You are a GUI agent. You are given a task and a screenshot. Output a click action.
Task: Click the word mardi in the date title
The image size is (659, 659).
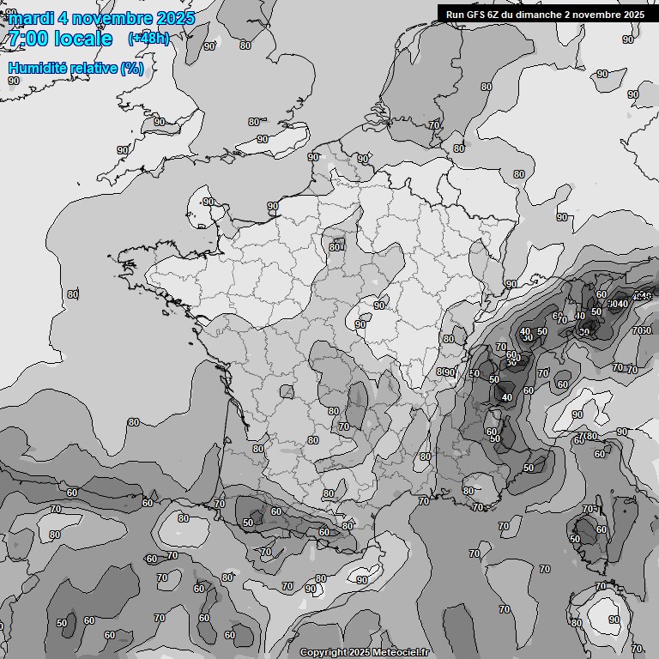pyautogui.click(x=31, y=18)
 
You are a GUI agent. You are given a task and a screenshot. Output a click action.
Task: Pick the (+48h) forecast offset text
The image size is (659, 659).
pyautogui.click(x=148, y=39)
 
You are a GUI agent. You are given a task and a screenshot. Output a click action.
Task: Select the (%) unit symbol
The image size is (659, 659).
pyautogui.click(x=131, y=68)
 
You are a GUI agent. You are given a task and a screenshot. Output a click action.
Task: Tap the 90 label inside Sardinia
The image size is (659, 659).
pyautogui.click(x=614, y=620)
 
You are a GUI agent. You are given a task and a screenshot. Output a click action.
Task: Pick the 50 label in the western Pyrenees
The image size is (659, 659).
pyautogui.click(x=248, y=522)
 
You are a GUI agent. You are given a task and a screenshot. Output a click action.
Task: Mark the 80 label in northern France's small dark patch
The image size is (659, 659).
pyautogui.click(x=335, y=247)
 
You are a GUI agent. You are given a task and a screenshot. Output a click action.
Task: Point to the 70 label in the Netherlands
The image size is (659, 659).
pyautogui.click(x=434, y=124)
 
